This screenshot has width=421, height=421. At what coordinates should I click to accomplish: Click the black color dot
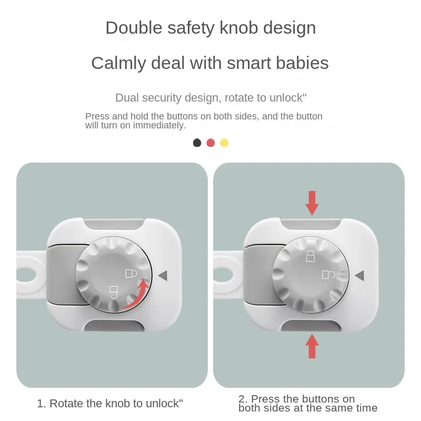click(x=197, y=143)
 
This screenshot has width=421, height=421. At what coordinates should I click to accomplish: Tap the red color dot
click(x=210, y=143)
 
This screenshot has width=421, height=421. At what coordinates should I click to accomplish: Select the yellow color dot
click(x=224, y=143)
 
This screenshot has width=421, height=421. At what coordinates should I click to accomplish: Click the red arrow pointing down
click(x=312, y=203)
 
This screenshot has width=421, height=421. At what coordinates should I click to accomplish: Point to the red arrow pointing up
click(x=312, y=346)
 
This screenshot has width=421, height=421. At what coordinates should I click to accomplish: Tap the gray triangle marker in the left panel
click(x=162, y=275)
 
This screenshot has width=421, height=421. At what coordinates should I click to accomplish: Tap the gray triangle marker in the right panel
click(x=359, y=275)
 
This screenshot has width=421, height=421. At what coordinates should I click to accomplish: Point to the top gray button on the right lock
click(x=312, y=224)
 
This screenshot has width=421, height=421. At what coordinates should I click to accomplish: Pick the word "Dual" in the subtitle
click(x=125, y=98)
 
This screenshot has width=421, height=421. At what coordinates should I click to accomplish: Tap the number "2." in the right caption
click(x=243, y=399)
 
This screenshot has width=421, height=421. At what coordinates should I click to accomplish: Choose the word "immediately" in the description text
click(x=159, y=125)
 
